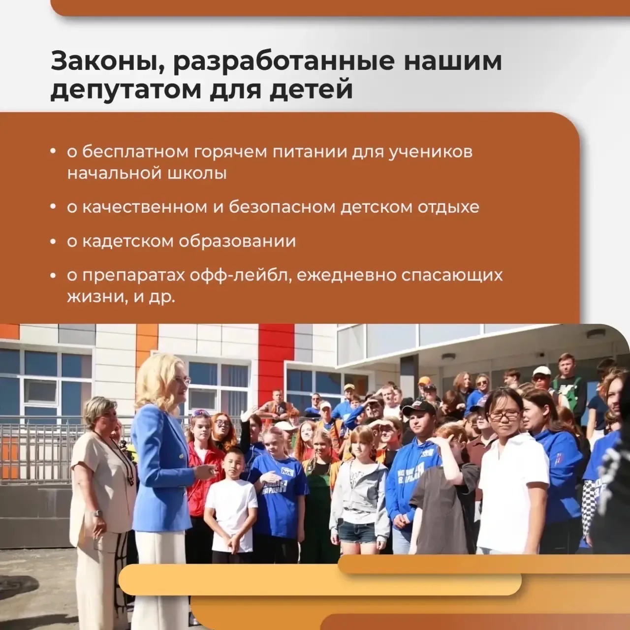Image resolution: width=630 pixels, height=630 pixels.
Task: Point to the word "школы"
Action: tap(197, 174)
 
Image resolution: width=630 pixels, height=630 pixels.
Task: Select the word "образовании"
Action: tap(237, 241)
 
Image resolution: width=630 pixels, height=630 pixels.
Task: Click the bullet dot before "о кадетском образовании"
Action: tap(53, 242)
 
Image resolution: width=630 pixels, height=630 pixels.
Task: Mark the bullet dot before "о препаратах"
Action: tap(53, 276)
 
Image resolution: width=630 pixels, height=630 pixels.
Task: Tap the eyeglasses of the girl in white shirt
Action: tap(504, 415)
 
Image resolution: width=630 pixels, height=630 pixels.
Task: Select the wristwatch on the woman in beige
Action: tap(97, 514)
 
